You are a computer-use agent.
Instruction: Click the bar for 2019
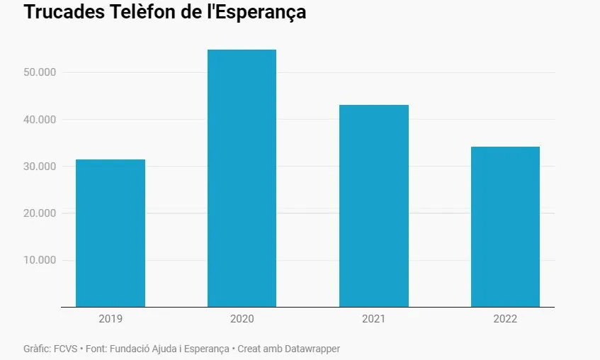coord(111,233)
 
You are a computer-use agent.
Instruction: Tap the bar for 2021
coord(373,206)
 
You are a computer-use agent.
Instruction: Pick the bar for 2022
coord(505,227)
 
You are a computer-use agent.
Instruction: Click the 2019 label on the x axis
coord(111,319)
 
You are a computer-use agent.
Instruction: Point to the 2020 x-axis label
coord(242,319)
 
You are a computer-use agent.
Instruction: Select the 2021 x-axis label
coord(373,319)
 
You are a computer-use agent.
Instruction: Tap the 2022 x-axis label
coord(505,319)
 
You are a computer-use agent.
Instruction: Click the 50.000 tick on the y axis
coord(39,72)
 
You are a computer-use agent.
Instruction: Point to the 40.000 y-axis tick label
coord(39,119)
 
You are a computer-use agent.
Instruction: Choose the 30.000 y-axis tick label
coord(39,167)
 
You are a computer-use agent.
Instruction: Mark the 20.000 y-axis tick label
coord(39,213)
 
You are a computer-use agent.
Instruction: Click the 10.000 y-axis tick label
coord(39,260)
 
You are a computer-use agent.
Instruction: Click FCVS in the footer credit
coord(66,349)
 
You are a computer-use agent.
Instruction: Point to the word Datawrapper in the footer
coord(312,349)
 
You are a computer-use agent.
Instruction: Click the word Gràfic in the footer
coord(36,349)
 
